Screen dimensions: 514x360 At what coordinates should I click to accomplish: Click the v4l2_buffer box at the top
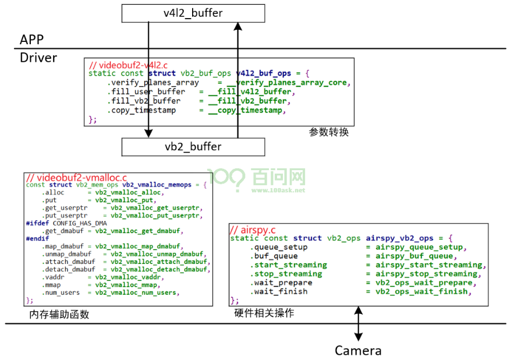tap(193, 13)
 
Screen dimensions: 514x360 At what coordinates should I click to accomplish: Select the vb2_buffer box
tap(193, 147)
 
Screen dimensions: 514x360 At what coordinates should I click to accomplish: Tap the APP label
tap(32, 40)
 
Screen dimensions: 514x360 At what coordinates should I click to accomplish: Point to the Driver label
tap(38, 58)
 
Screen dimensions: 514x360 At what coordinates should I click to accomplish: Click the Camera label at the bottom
tap(358, 351)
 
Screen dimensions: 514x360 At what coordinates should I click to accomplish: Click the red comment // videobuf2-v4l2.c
tap(129, 65)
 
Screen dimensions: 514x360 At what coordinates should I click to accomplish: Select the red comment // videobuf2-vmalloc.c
tap(76, 178)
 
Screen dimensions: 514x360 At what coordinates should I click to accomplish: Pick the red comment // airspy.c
tap(253, 230)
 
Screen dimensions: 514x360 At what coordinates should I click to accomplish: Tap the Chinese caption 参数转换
tap(329, 132)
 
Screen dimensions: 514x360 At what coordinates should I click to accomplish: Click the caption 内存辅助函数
tap(59, 315)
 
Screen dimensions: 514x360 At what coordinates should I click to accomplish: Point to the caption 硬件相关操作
tap(264, 313)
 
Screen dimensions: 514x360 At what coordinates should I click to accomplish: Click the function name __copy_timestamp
tap(245, 111)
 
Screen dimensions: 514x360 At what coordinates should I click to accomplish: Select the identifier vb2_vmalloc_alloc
tap(128, 193)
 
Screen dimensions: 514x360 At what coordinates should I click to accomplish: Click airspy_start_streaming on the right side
tap(429, 265)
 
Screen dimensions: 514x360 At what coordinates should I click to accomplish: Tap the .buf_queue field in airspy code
tap(274, 256)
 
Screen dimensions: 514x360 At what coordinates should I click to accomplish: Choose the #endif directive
tap(37, 239)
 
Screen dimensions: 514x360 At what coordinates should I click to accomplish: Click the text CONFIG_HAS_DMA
tap(80, 224)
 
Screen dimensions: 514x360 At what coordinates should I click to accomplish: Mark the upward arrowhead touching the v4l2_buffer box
tap(238, 27)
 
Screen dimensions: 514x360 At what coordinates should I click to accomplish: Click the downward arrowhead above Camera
tap(359, 337)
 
